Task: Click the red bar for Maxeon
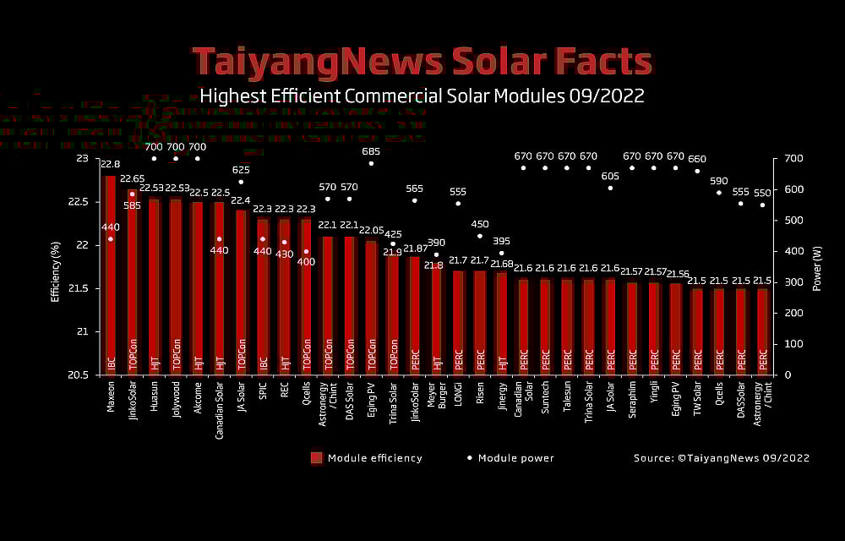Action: point(110,270)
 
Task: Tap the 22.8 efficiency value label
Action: point(110,164)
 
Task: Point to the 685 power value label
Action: point(371,151)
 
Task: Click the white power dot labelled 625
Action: point(241,182)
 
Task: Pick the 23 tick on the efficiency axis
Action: point(82,159)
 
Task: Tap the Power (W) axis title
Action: point(817,267)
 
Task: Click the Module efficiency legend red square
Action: point(317,458)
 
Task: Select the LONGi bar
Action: point(458,321)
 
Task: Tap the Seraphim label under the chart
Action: point(632,398)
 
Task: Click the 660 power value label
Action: point(697,159)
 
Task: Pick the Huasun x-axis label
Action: point(154,396)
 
